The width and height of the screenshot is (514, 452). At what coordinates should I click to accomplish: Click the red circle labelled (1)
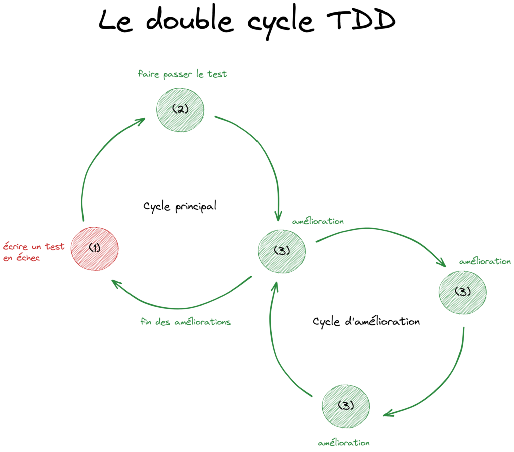point(94,248)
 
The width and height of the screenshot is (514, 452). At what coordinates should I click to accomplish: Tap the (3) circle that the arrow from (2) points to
point(281,251)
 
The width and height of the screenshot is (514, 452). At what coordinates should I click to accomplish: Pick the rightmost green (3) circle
point(462,292)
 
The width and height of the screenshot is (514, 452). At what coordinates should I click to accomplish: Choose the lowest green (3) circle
point(345,406)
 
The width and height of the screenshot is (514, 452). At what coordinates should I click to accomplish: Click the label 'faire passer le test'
point(182,74)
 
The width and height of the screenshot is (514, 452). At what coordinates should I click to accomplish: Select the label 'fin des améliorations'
point(186,322)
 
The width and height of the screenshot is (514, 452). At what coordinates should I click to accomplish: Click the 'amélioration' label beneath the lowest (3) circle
point(344,443)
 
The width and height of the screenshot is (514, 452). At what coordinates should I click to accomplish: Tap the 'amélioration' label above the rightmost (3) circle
point(485,262)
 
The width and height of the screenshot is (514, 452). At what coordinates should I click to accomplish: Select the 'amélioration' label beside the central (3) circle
point(317,221)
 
